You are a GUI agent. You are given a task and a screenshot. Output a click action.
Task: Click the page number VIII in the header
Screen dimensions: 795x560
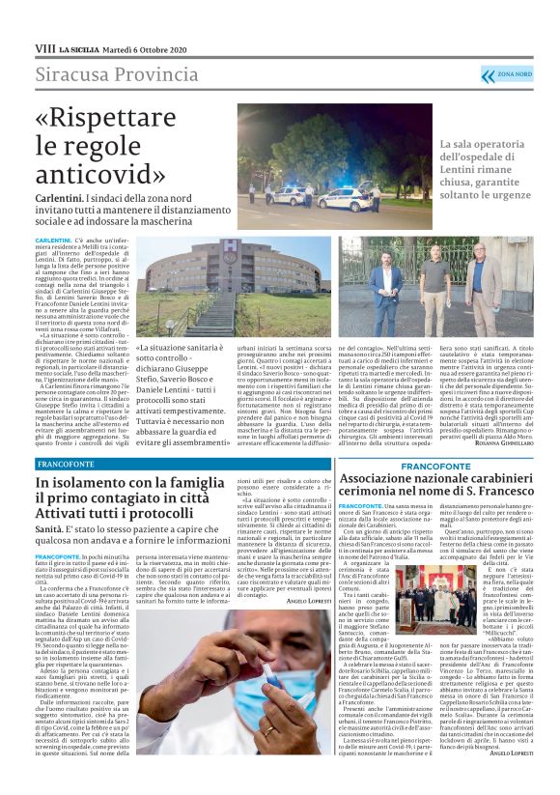pos(44,47)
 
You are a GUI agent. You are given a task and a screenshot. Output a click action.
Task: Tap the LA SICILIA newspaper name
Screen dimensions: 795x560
pos(79,48)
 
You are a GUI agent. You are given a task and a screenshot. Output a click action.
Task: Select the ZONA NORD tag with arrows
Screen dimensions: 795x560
pos(513,74)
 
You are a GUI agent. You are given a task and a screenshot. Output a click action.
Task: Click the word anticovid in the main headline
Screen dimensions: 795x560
pos(98,174)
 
